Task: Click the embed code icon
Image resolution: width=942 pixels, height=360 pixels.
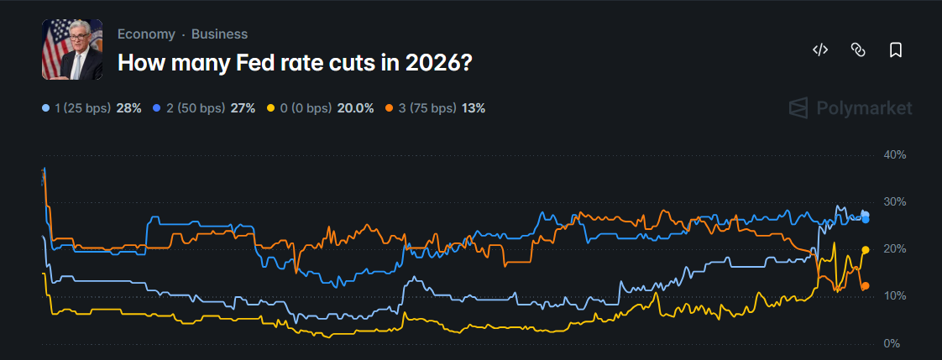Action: click(820, 50)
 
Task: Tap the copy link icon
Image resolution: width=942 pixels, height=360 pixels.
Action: click(858, 50)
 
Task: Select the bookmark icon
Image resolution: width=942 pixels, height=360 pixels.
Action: click(895, 50)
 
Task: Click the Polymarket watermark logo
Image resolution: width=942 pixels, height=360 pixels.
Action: click(850, 108)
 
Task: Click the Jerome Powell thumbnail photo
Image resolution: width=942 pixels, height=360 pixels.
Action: click(72, 50)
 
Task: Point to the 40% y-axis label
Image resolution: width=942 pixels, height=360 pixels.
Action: click(895, 155)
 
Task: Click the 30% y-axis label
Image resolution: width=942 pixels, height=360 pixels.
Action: click(895, 202)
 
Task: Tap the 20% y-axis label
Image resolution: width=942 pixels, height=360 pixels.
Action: click(895, 249)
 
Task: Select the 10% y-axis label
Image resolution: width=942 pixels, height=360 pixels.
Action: click(895, 296)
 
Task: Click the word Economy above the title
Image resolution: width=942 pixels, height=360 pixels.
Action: click(146, 34)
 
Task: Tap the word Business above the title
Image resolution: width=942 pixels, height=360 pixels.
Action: click(219, 34)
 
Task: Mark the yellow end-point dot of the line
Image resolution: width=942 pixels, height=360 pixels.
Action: click(866, 249)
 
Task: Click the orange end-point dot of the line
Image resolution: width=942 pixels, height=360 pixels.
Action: click(866, 286)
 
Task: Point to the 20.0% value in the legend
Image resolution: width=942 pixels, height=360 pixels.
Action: click(355, 108)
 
